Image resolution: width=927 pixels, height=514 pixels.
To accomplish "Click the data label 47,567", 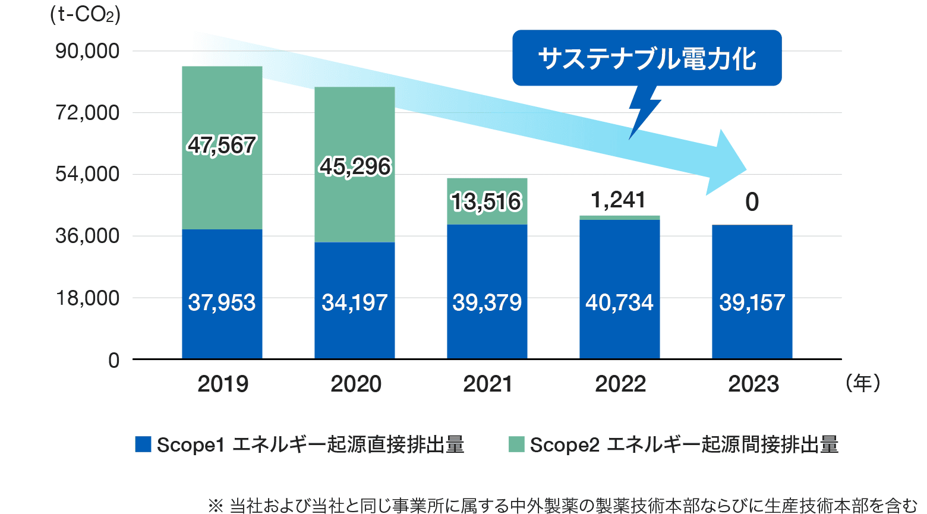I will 222,146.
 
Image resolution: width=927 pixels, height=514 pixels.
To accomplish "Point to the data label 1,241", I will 619,200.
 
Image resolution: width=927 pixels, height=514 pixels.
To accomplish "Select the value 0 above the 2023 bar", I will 752,203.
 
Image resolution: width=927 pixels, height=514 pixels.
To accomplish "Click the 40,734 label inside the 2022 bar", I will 619,303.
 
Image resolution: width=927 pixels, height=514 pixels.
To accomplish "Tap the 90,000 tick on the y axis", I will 87,51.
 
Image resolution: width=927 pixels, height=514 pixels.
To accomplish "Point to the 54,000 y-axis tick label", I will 87,174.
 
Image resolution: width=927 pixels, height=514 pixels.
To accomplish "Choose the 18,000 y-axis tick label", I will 87,298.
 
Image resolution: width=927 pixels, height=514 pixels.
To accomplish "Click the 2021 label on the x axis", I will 488,384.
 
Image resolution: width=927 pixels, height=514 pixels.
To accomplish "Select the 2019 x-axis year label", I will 223,384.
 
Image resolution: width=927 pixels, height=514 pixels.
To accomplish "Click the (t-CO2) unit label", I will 85,14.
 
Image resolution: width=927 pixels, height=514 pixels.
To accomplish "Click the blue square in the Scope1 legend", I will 143,444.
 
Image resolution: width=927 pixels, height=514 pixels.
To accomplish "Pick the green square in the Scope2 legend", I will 516,444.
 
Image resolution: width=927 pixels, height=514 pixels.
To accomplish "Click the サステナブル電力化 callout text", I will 647,58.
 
